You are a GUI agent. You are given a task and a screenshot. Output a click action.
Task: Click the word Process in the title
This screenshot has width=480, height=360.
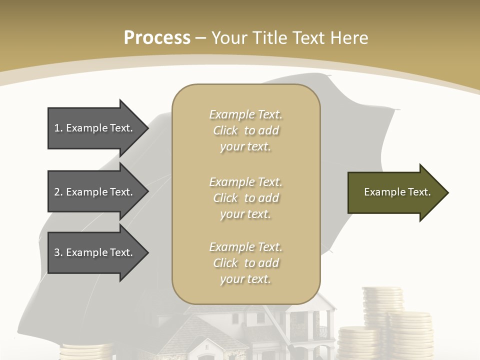pos(157,37)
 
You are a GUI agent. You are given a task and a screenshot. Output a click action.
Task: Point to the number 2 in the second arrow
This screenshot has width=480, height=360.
pos(57,192)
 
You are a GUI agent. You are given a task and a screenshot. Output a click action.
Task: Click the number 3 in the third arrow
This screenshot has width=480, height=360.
pos(57,252)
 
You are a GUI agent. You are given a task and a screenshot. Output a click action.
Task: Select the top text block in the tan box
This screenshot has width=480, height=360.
pos(245,130)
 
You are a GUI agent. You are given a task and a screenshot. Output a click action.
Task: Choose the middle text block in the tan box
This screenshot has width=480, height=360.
pos(245,197)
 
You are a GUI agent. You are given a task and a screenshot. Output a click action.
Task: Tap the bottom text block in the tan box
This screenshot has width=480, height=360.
pos(245,263)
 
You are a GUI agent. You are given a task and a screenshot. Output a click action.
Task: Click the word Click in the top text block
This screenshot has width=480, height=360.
pos(225,130)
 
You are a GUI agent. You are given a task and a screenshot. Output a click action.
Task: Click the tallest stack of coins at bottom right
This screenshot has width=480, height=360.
pos(382,305)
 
